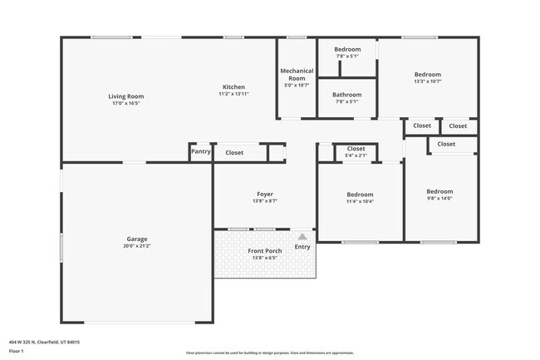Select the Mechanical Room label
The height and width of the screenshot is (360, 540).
[x=297, y=74]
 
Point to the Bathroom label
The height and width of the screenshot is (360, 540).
[x=347, y=94]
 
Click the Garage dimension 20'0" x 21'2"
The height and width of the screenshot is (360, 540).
[x=137, y=246]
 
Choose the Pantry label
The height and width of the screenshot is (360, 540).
[x=201, y=152]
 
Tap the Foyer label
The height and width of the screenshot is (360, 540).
[x=264, y=194]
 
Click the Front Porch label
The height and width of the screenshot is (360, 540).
[x=264, y=251]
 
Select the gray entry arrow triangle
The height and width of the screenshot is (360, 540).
[x=302, y=236]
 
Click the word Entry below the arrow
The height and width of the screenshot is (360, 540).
[x=302, y=246]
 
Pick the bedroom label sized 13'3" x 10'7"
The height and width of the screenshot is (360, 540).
[x=428, y=74]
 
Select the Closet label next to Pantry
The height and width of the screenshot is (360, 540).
[x=234, y=153]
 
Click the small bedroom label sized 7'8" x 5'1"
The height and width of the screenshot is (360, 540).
[x=347, y=50]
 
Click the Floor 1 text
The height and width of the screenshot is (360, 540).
[x=17, y=352]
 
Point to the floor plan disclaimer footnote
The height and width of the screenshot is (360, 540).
[x=269, y=353]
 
